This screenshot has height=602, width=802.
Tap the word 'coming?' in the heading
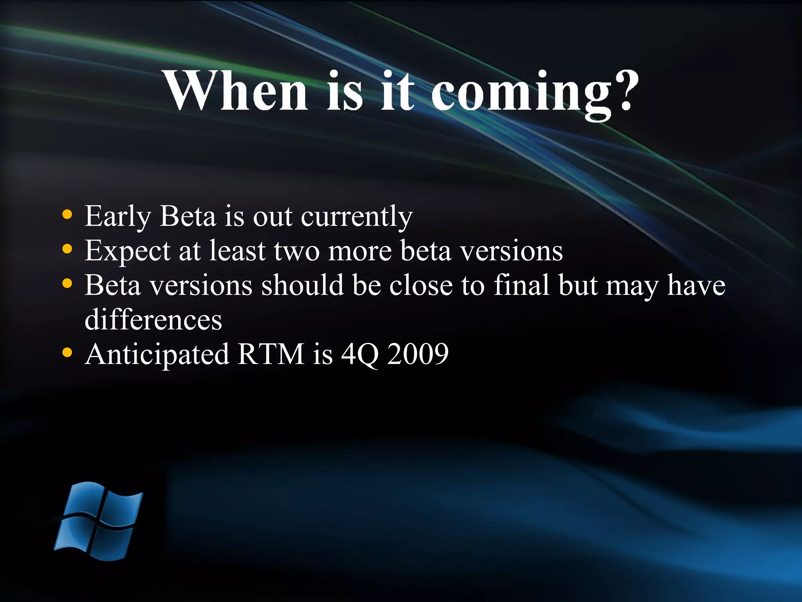[x=535, y=94]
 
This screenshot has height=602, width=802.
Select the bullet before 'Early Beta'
[x=67, y=215]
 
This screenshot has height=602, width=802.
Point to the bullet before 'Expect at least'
[x=67, y=249]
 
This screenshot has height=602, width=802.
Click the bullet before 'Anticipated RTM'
[x=67, y=353]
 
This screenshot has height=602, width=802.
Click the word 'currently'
[x=356, y=216]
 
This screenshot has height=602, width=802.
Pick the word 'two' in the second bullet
[x=296, y=251]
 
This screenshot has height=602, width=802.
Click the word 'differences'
[x=153, y=320]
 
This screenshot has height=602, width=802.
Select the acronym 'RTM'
[x=271, y=354]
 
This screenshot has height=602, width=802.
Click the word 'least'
[x=238, y=251]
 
